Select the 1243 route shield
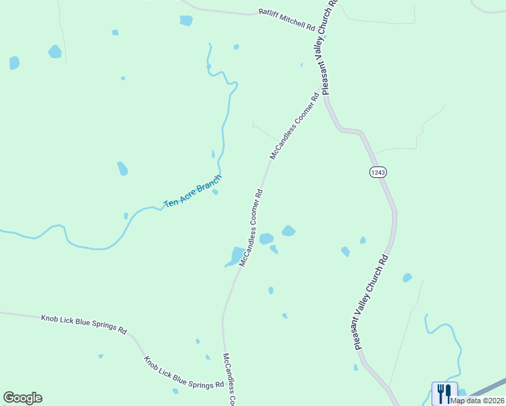click(377, 173)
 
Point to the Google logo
click(22, 398)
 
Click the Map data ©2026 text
click(477, 401)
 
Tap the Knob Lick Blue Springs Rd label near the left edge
click(83, 323)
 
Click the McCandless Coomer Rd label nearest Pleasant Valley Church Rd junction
click(294, 126)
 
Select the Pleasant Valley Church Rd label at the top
click(329, 45)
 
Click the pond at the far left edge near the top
click(14, 63)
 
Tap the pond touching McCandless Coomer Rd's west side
click(236, 256)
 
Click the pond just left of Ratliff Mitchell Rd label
click(186, 20)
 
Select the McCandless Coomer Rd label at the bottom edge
click(229, 379)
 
